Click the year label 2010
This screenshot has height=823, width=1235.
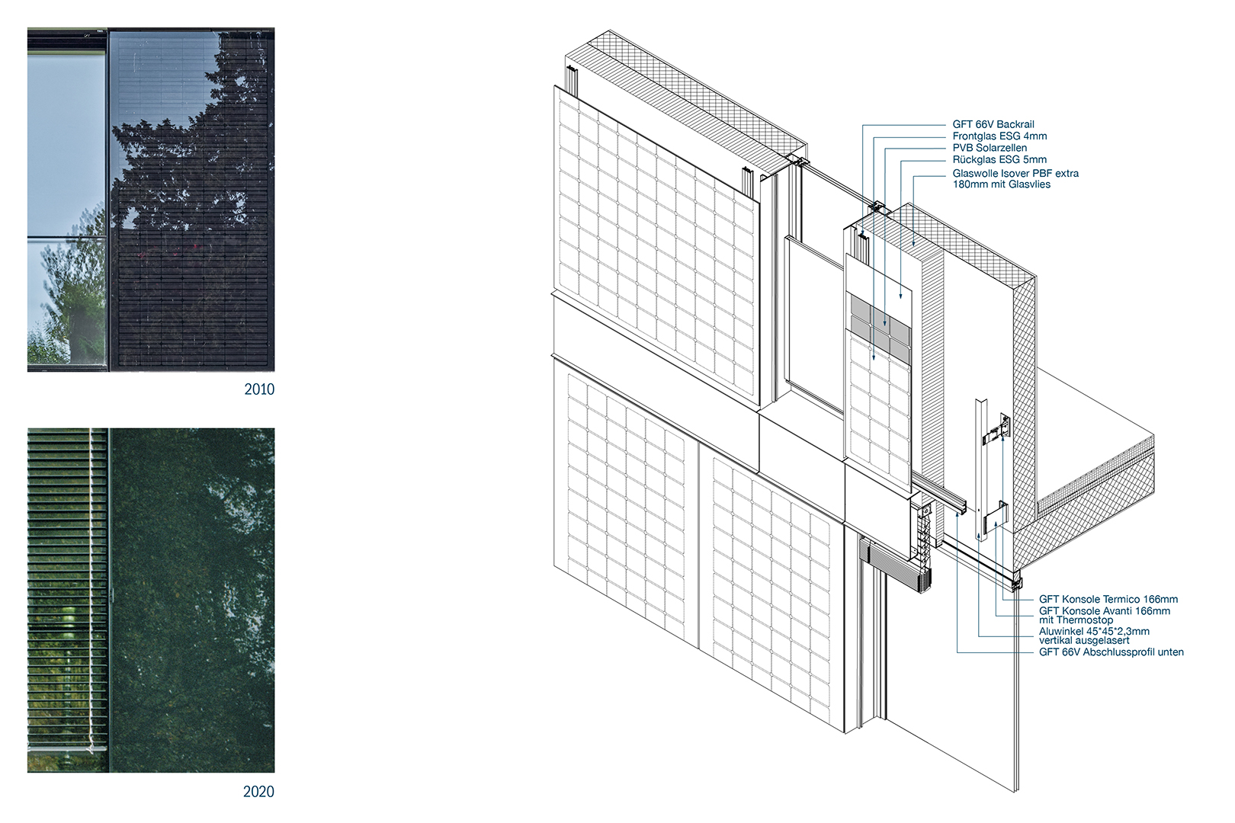[259, 389]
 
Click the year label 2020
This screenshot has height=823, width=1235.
[258, 792]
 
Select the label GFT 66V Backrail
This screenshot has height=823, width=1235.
[993, 124]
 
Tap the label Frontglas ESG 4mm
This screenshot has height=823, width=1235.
[999, 136]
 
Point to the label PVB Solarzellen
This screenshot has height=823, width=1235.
[990, 148]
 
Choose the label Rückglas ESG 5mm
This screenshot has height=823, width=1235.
[999, 159]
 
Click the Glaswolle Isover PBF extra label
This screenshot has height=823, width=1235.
[1015, 174]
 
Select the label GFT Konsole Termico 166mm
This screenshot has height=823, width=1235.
[1108, 600]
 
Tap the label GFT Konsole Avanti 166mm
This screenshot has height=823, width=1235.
[1104, 610]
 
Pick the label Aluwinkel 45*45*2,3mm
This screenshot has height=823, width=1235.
[1094, 631]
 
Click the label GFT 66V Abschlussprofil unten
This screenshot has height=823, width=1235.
[1111, 652]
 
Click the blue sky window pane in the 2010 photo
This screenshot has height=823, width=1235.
[66, 145]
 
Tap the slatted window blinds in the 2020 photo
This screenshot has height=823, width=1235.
[67, 587]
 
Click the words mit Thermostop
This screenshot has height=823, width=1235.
[1076, 620]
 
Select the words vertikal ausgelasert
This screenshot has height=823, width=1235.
[1084, 641]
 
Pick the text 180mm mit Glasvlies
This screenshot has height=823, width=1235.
[1001, 184]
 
